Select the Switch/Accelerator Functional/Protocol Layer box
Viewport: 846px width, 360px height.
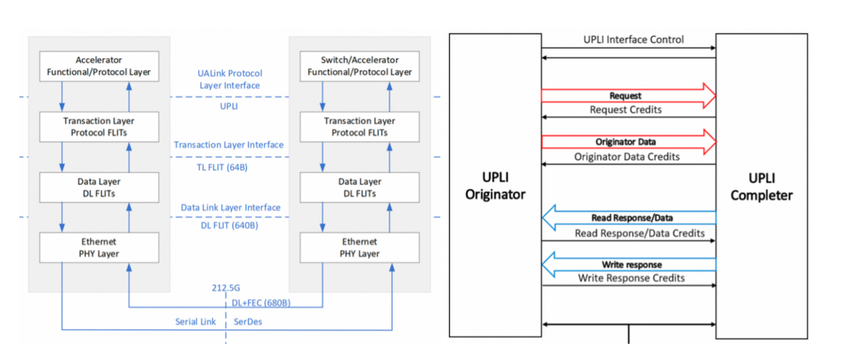click(x=359, y=66)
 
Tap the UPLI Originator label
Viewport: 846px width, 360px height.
click(x=495, y=186)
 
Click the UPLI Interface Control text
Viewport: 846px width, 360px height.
click(x=634, y=40)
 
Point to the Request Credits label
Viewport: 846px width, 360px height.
click(x=626, y=110)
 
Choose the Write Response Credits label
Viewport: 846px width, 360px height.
click(x=631, y=279)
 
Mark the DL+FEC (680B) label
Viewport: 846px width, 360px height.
click(x=261, y=303)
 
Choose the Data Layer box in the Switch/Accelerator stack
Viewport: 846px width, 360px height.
click(x=359, y=187)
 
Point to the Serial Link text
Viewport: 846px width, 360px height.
click(x=195, y=322)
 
